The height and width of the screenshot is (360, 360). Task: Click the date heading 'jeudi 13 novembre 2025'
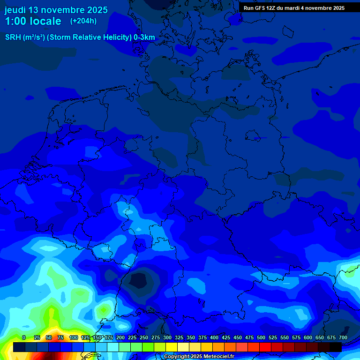coord(56,10)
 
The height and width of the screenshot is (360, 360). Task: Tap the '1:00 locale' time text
coord(33,21)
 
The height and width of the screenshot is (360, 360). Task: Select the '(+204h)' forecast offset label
coord(83,21)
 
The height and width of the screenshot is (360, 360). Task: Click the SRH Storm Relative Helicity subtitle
coord(80,37)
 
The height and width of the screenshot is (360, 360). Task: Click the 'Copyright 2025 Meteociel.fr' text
coord(199,357)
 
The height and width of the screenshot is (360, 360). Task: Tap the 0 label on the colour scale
coord(23,337)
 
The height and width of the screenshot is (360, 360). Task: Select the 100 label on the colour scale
coord(73,337)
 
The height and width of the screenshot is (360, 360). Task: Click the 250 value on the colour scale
coord(143,337)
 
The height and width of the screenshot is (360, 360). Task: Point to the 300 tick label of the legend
coord(167,337)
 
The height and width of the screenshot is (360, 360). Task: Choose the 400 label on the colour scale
coord(214,337)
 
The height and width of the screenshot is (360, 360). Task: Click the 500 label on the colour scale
coord(261,337)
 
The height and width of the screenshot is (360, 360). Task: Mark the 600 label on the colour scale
coord(307,337)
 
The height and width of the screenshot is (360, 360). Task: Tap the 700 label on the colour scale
coord(343,337)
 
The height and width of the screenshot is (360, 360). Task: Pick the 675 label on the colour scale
coord(331,337)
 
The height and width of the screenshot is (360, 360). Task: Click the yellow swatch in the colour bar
coord(172,347)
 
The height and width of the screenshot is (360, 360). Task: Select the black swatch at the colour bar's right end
coord(336,347)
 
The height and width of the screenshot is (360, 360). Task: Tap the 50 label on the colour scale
coord(49,337)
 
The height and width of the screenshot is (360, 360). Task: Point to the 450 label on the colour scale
coord(237,337)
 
